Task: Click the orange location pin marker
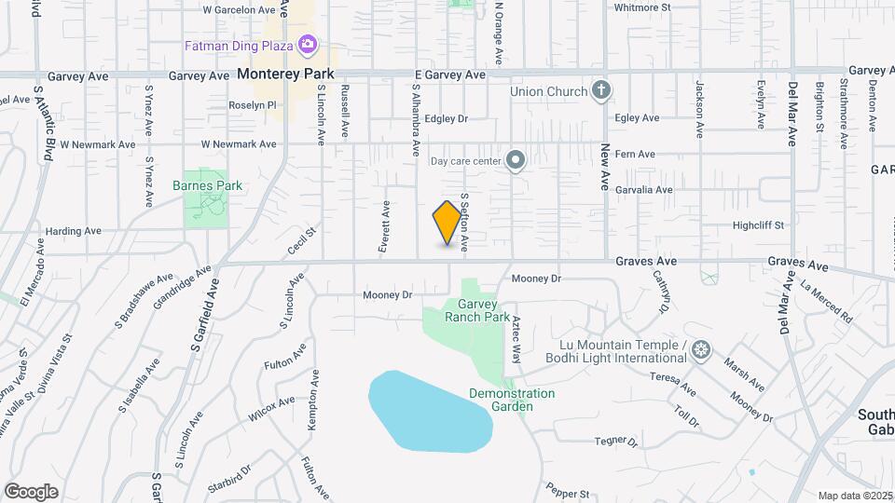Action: pyautogui.click(x=448, y=224)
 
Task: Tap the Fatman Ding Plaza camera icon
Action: pyautogui.click(x=307, y=44)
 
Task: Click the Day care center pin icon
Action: pyautogui.click(x=515, y=161)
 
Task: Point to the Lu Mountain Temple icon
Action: pyautogui.click(x=701, y=351)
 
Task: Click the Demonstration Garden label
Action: pyautogui.click(x=512, y=400)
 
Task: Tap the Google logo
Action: pyautogui.click(x=32, y=491)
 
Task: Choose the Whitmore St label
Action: pyautogui.click(x=642, y=7)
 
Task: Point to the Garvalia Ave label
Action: pyautogui.click(x=643, y=190)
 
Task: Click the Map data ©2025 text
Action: pyautogui.click(x=853, y=496)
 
